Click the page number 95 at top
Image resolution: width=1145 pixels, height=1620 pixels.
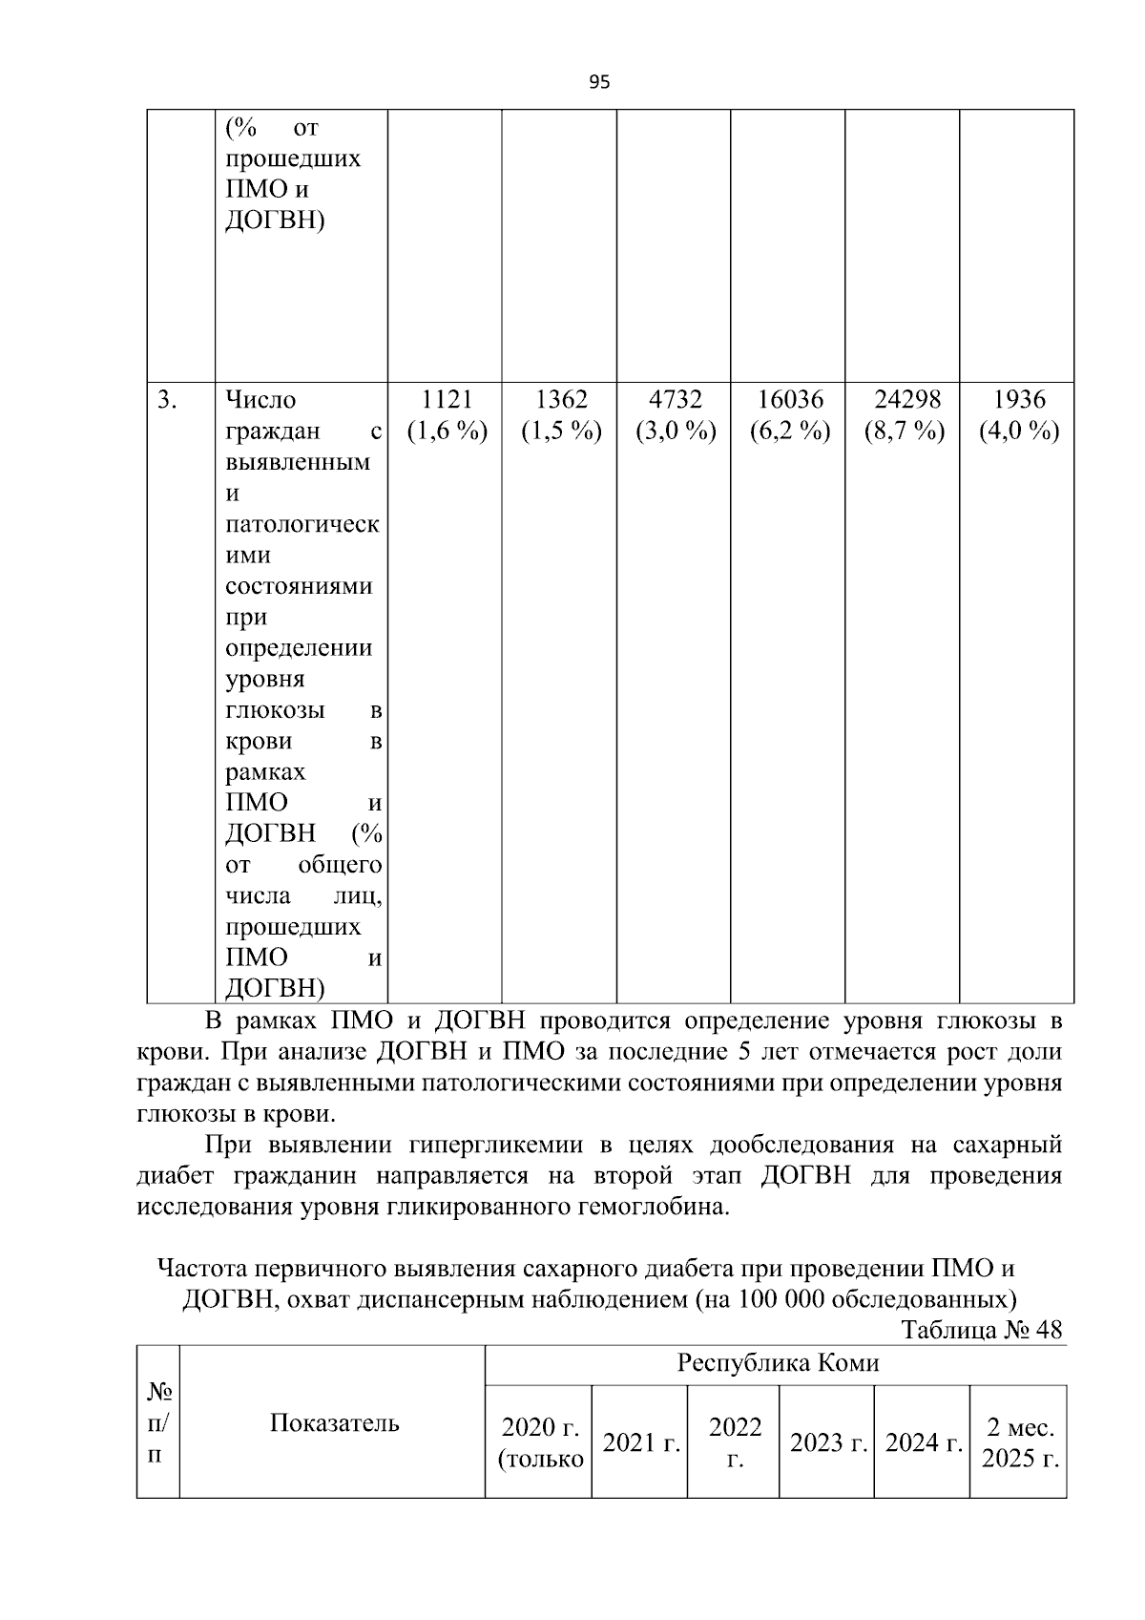599,82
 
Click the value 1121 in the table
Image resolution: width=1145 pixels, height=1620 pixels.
447,399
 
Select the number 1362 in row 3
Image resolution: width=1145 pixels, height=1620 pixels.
561,399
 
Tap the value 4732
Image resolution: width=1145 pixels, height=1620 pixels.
676,399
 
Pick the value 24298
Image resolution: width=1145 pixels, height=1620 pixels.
904,399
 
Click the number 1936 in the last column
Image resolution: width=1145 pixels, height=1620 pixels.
1018,399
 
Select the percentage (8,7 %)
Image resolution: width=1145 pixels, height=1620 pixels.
904,431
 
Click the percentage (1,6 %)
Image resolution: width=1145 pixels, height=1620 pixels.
447,431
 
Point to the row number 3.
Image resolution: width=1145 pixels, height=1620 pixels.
167,399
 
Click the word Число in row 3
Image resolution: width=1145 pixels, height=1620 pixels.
260,399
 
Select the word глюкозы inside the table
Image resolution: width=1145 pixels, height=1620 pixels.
275,710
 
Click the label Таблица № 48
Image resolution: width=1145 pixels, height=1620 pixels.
981,1330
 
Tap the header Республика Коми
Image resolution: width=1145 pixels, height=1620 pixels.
777,1363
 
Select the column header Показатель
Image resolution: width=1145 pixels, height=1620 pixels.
334,1423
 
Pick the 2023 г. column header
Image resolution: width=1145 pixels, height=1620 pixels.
827,1442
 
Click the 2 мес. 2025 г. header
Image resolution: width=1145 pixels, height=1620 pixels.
1020,1442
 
